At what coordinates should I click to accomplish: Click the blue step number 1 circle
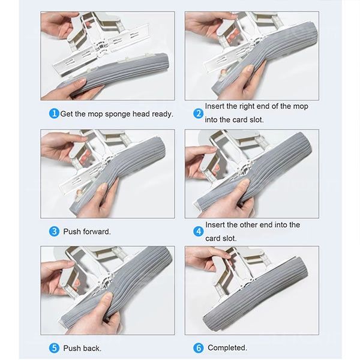coord(54,113)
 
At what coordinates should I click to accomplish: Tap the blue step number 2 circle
coord(198,113)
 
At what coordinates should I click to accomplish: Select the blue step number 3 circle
coord(54,232)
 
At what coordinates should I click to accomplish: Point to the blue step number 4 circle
coord(198,232)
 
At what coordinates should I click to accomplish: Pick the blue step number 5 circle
coord(54,348)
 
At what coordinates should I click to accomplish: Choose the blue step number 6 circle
coord(198,348)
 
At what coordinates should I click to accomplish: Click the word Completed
coord(227,347)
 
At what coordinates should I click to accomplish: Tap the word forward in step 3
coord(97,232)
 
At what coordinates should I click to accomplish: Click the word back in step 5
coord(91,348)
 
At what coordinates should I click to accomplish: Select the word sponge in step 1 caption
coord(118,114)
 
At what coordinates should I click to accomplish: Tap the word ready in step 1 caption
coord(163,114)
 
